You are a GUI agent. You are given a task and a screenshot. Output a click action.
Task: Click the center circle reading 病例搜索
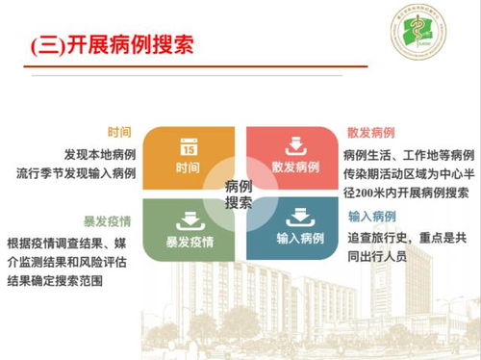[240, 193]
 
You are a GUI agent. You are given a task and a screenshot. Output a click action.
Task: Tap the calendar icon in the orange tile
[189, 146]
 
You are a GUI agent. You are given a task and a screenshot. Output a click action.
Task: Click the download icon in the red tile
[294, 146]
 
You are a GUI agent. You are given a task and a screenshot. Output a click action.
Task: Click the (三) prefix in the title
[48, 44]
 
